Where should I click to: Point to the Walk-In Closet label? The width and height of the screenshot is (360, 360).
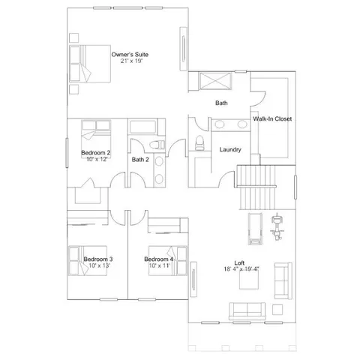coord(272,119)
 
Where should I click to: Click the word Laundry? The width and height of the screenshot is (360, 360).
coord(229,149)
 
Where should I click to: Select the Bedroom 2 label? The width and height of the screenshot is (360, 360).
coord(96,153)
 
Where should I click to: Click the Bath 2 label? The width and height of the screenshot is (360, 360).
coord(141,159)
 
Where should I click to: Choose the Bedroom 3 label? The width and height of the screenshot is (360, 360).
coord(97,259)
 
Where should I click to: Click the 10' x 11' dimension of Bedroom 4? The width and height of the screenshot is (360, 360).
coord(159,265)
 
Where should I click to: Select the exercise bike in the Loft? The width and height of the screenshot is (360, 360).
coord(278,225)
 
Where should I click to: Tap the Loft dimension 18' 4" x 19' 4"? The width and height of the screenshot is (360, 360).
coord(241,269)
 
